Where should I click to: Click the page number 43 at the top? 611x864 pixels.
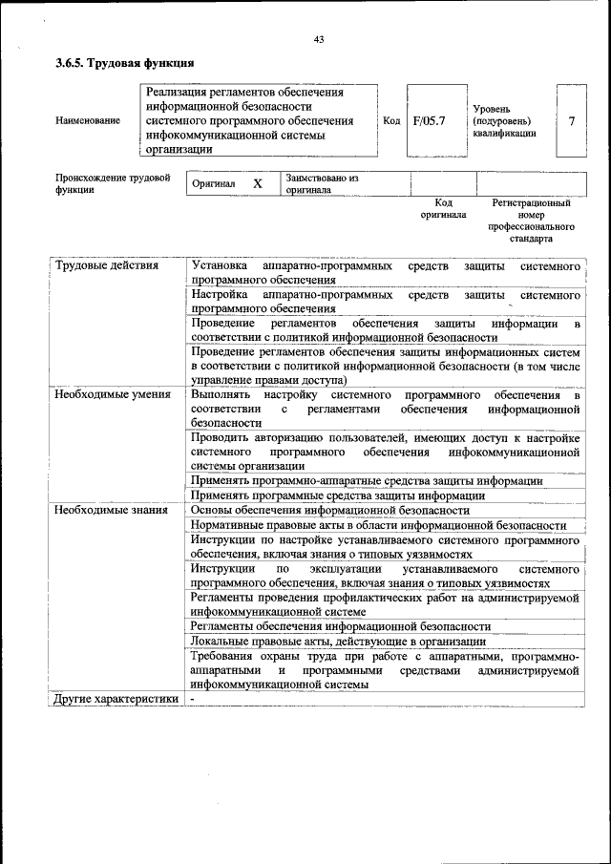(x=319, y=39)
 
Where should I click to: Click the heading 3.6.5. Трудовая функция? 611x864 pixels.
(x=125, y=64)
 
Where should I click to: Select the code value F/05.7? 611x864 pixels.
(x=430, y=121)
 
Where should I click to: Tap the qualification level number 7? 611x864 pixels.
(x=571, y=121)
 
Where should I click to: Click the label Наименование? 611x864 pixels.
(x=88, y=121)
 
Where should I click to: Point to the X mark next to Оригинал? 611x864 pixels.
(x=257, y=183)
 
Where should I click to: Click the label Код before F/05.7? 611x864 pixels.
(x=391, y=121)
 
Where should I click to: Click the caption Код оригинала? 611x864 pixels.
(x=443, y=209)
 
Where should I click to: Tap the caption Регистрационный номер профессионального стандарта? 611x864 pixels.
(x=531, y=221)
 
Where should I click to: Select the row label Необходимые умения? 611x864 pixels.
(x=113, y=394)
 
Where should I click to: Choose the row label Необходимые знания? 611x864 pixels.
(x=112, y=510)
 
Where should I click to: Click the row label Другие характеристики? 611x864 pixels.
(x=116, y=699)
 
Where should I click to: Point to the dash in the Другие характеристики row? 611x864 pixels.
(x=192, y=699)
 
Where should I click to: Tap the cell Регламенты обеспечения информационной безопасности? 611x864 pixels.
(x=354, y=626)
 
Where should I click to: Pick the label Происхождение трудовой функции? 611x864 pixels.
(x=113, y=183)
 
